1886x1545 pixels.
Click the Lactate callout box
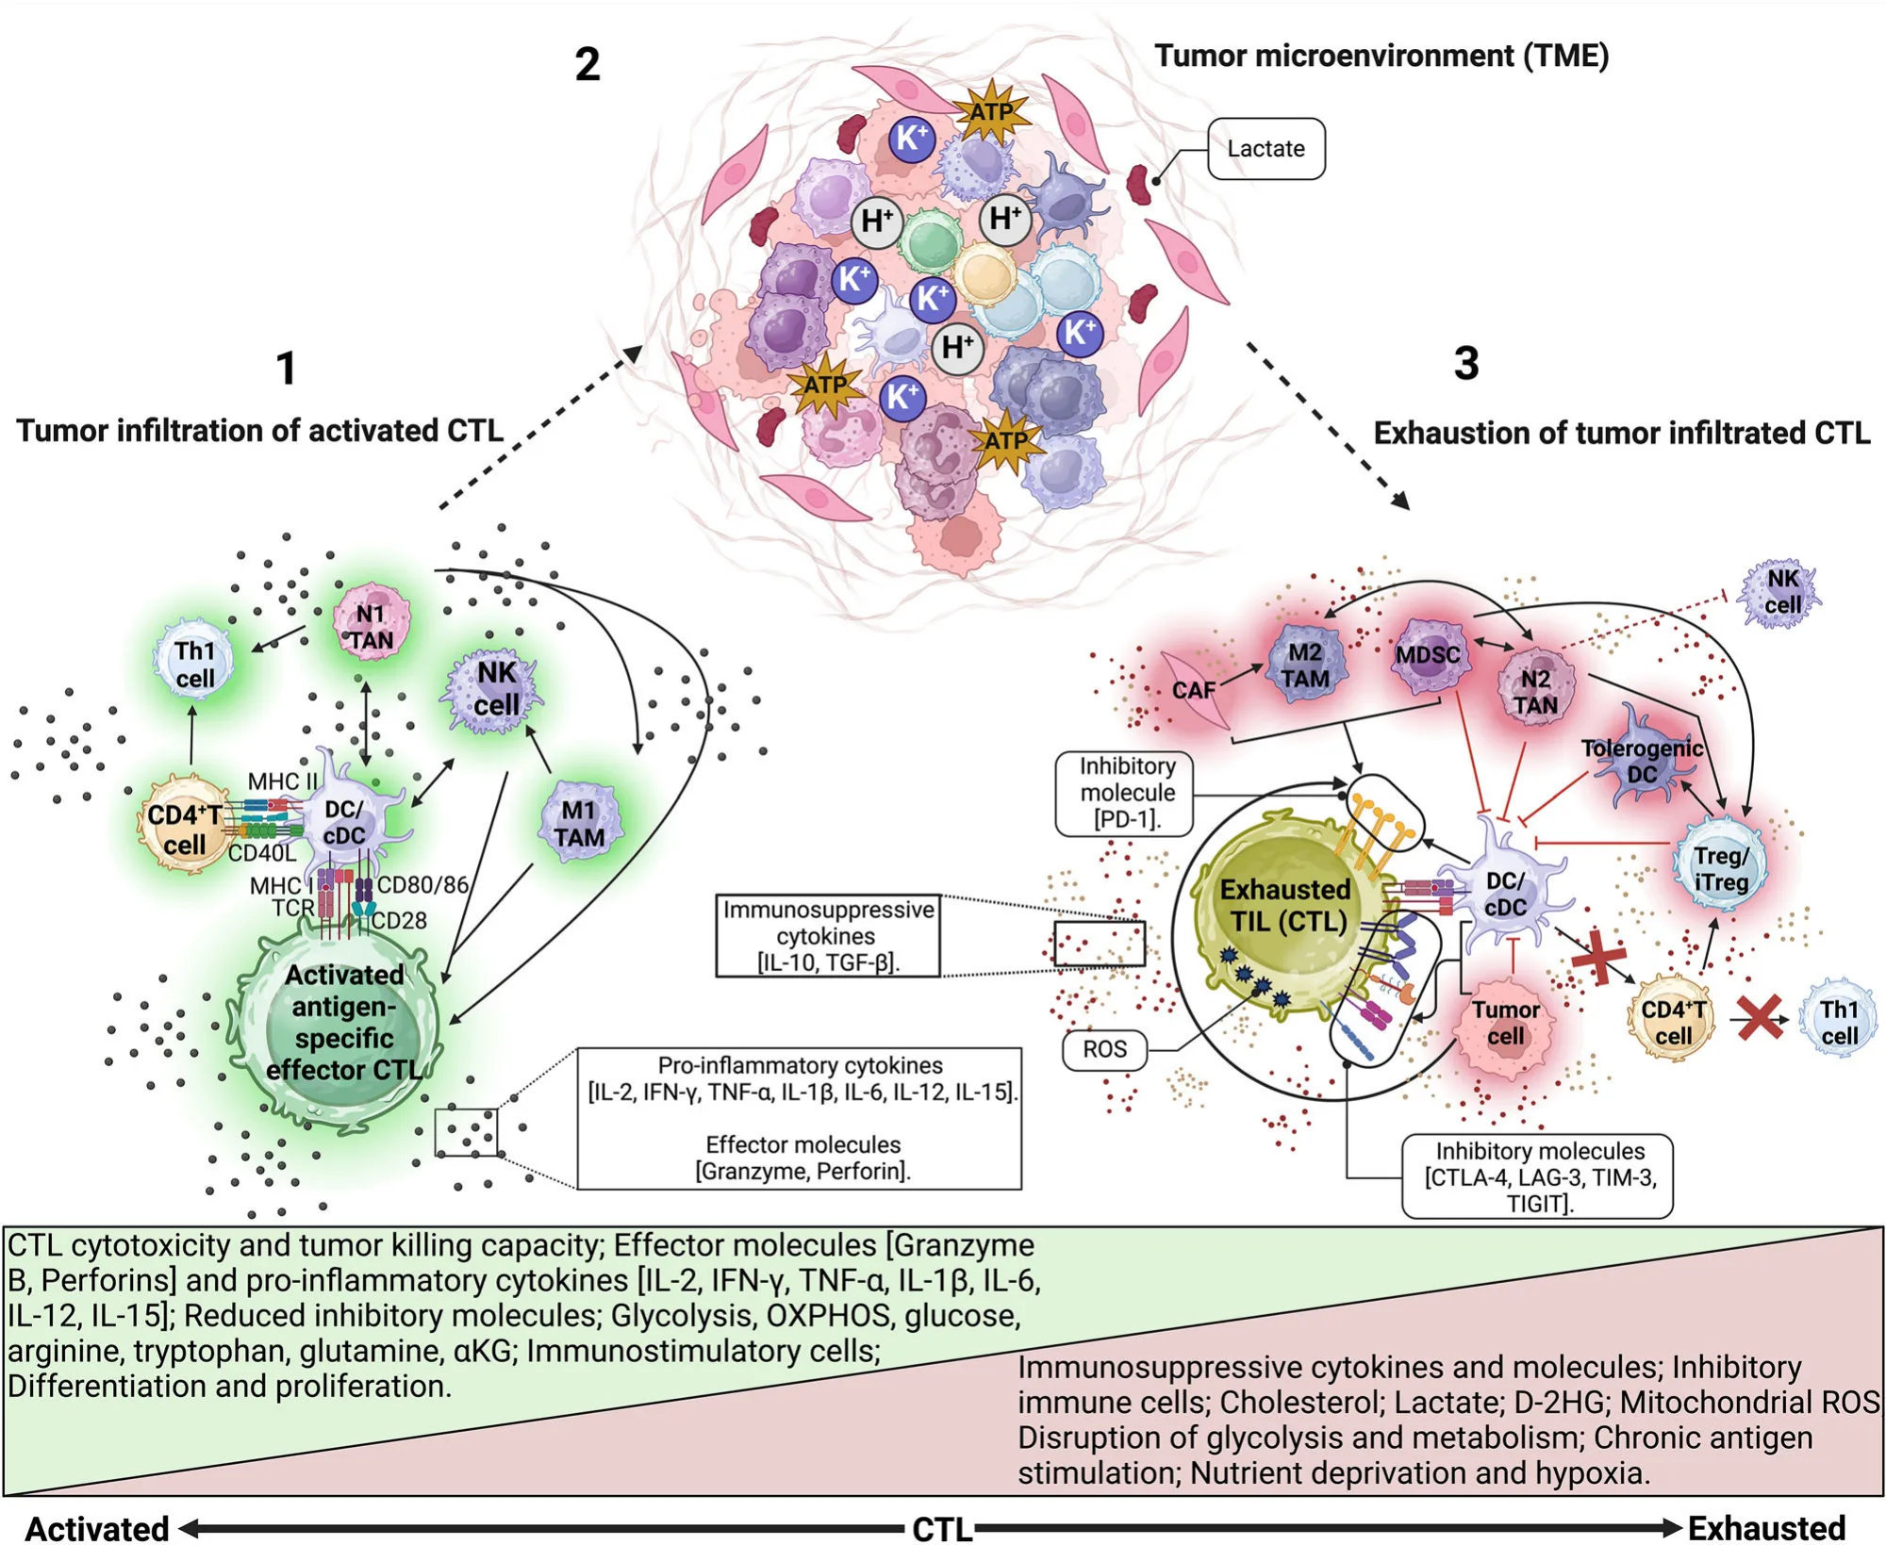coord(1266,149)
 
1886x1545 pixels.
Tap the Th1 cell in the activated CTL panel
coord(194,665)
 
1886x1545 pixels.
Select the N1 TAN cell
coord(372,625)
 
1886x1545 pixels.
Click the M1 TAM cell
coord(579,824)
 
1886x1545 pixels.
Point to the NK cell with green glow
coord(493,688)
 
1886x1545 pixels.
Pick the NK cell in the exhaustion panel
coord(1780,592)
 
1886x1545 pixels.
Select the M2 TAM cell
coord(1305,666)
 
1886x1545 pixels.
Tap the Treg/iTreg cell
coord(1720,868)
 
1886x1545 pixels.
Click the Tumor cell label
coord(1505,1023)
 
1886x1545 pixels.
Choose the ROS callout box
coord(1104,1049)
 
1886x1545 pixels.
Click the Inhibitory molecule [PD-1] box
coord(1126,793)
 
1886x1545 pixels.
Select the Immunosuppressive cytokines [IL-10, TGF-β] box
coord(827,935)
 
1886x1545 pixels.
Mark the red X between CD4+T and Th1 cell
coord(1759,1018)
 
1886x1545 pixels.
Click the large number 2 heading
coord(587,64)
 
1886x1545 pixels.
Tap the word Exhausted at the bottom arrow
coord(1766,1527)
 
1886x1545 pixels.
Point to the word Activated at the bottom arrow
coord(97,1527)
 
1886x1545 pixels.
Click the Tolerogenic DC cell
coord(1641,762)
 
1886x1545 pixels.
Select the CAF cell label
coord(1193,691)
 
